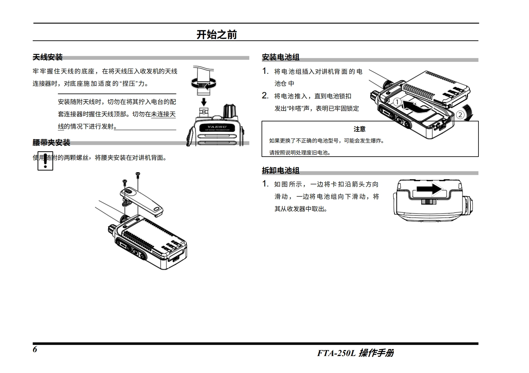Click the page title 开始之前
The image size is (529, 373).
coord(217,35)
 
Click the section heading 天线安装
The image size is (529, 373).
coord(48,57)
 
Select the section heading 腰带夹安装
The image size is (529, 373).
coord(51,143)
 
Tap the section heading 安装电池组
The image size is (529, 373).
coord(280,57)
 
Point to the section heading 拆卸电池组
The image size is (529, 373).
coord(280,171)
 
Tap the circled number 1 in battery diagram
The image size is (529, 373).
coord(397,102)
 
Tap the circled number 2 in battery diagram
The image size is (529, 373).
coord(460,115)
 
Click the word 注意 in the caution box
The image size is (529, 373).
coord(360,129)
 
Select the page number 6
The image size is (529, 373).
coord(35,350)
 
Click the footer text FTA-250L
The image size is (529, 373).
coord(336,353)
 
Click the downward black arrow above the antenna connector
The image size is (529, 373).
coord(204,101)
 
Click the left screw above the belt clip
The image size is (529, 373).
coord(125,182)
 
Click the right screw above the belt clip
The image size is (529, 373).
coord(138,174)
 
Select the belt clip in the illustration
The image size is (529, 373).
coord(142,200)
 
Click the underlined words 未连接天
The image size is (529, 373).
coord(163,114)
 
